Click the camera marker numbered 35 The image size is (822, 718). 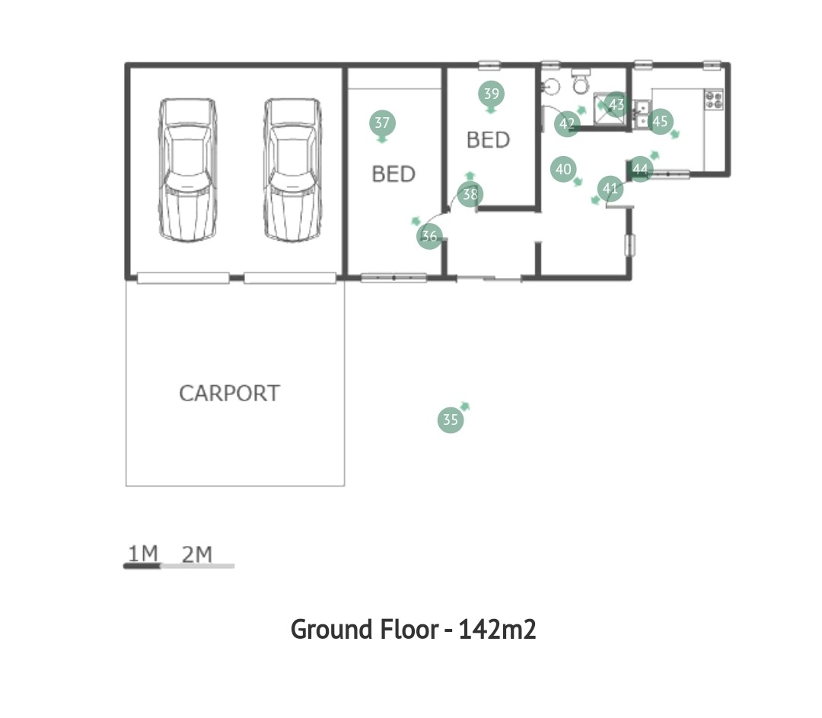coord(451,420)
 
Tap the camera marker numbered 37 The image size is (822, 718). coord(382,123)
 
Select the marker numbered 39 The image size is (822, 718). coord(491,94)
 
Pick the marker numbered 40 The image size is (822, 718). coord(563,169)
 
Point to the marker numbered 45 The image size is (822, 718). coord(660,121)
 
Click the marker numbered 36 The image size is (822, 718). coord(429,236)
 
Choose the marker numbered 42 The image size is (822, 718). coord(567,124)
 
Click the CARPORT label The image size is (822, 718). coord(230,394)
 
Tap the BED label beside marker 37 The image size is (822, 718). coord(393,174)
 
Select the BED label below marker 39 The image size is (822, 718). coord(488,140)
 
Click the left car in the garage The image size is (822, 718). coord(188,170)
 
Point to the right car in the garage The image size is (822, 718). coord(292,170)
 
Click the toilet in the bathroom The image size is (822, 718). coord(581,81)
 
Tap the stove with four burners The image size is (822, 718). coord(713,100)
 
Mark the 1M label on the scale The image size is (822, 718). coord(143,554)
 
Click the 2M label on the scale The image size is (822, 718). coord(197,554)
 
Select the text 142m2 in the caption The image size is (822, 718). coord(498,630)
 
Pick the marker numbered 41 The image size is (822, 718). coord(610,188)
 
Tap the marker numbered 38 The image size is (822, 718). coord(470,194)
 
